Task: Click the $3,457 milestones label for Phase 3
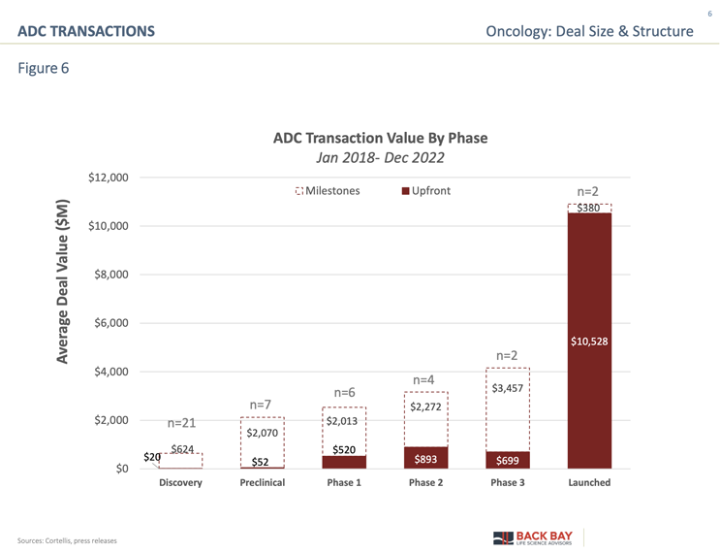(507, 388)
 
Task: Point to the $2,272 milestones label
(425, 407)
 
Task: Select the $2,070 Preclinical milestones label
(263, 432)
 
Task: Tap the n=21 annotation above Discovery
(182, 423)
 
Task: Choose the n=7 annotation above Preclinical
(261, 404)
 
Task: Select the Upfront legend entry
(425, 191)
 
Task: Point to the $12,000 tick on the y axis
(109, 178)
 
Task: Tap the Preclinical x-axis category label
(263, 482)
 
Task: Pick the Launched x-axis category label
(589, 482)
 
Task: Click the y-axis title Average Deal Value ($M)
(63, 281)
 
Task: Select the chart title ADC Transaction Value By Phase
(380, 138)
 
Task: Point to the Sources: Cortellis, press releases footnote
(66, 539)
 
